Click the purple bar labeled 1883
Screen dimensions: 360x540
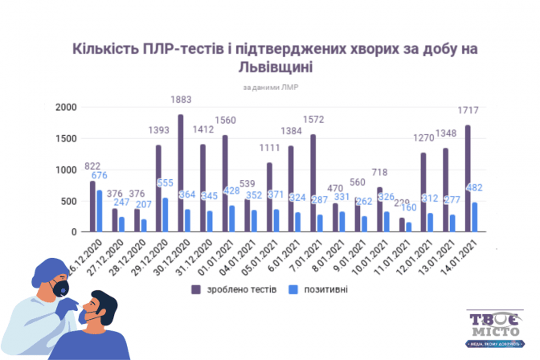(x=181, y=174)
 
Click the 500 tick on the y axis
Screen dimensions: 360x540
(x=69, y=202)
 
